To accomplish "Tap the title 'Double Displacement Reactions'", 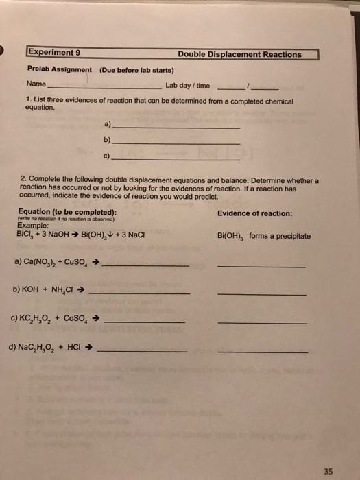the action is point(239,54).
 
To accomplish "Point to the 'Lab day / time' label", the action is point(187,86).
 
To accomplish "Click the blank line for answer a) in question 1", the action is point(175,128).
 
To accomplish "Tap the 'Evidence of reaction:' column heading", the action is point(254,213).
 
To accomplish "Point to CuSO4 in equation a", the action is point(86,262).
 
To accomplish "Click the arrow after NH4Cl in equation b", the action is point(81,290).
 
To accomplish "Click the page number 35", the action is point(328,452).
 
